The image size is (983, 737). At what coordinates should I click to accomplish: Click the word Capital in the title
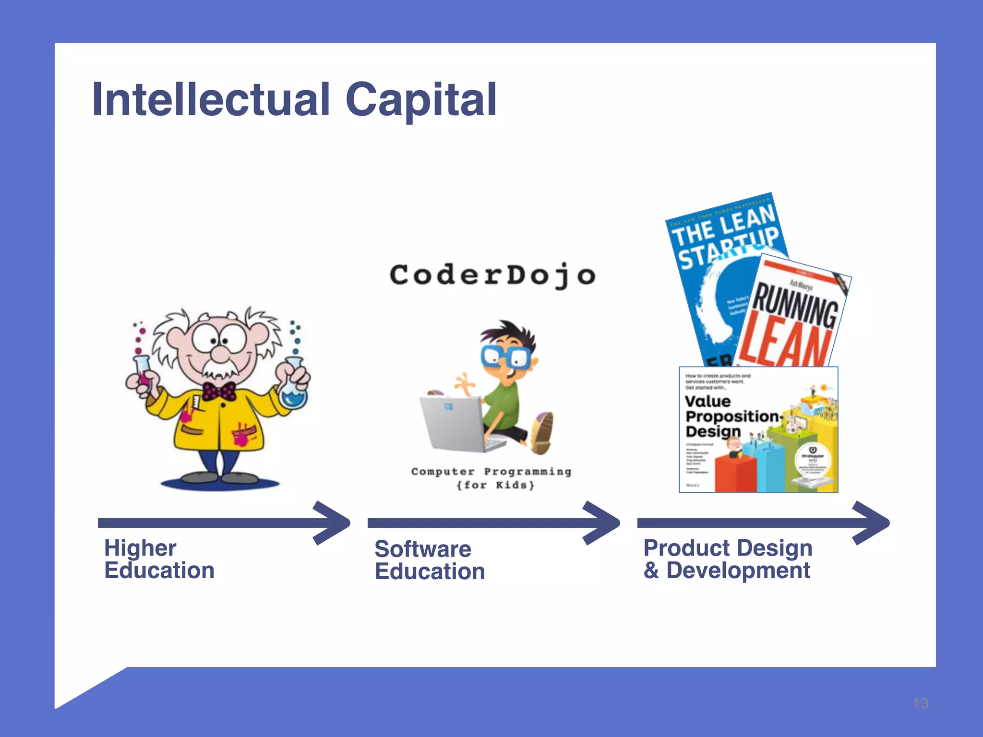click(420, 99)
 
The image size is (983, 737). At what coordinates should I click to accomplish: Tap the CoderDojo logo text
click(492, 275)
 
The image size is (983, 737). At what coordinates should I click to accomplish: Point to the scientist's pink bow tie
click(219, 392)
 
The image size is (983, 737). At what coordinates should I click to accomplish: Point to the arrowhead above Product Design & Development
click(872, 523)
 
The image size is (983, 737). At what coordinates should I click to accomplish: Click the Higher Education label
click(159, 559)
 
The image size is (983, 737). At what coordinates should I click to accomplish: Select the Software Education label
click(430, 560)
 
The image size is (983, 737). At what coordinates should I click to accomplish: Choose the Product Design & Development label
click(728, 559)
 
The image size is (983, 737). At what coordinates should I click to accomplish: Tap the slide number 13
click(920, 703)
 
